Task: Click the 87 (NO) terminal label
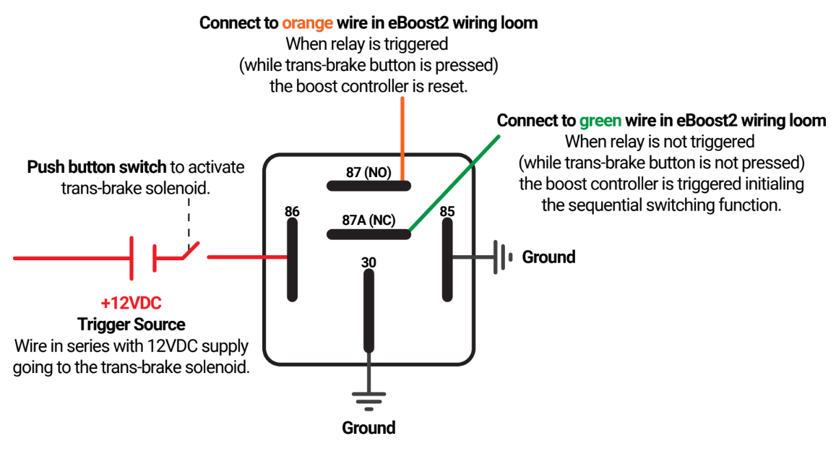[369, 172]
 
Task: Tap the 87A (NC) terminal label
[369, 220]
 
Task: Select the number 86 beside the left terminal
[292, 212]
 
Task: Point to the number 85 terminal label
[447, 212]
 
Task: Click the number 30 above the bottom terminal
[369, 263]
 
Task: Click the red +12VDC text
[131, 302]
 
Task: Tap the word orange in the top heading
[307, 22]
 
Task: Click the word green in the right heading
[600, 120]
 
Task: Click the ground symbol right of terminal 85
[501, 257]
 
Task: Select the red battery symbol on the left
[142, 257]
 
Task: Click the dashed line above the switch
[188, 217]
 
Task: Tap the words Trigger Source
[131, 324]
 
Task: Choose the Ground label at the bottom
[369, 427]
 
